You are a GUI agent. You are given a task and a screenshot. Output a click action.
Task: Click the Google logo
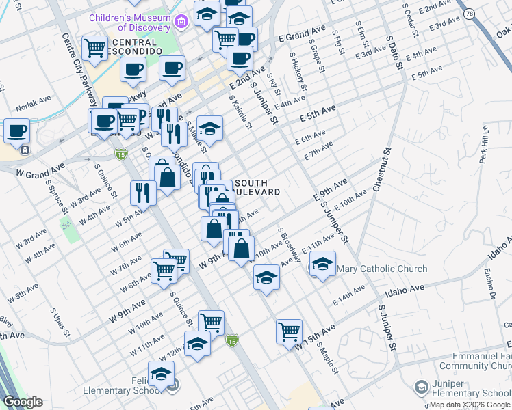(x=23, y=402)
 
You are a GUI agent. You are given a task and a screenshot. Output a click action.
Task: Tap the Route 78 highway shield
(x=469, y=14)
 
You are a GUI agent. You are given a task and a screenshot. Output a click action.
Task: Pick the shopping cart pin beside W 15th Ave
(x=289, y=331)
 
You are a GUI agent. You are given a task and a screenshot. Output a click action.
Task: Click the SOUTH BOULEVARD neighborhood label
(x=257, y=188)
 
